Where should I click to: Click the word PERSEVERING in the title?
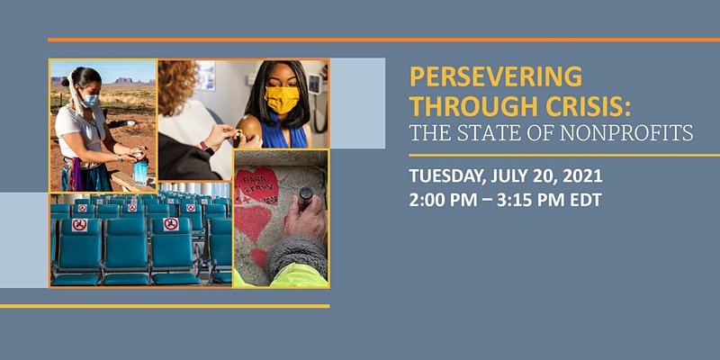496,76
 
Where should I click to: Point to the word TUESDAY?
445,176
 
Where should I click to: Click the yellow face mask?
282,98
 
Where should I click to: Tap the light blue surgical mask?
90,101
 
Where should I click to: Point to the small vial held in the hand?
305,197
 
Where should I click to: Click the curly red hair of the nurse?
178,85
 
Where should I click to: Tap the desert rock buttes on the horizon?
129,81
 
